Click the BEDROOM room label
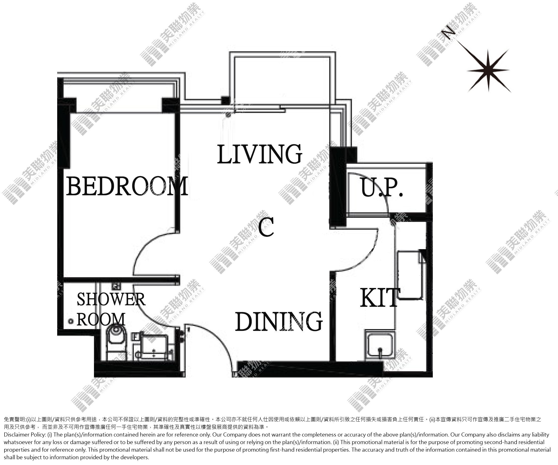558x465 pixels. [x=127, y=186]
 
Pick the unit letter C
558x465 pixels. [x=266, y=227]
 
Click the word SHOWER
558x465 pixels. [x=111, y=299]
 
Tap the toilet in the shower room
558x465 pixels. [x=116, y=343]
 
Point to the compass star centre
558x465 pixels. [x=488, y=71]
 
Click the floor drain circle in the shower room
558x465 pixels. [x=71, y=321]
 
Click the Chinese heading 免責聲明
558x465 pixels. [x=14, y=420]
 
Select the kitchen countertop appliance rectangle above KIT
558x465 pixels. [x=409, y=275]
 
